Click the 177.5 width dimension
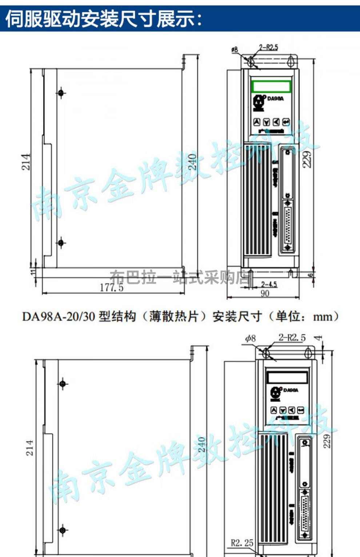point(112,287)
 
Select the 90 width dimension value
point(265,293)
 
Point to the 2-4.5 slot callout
point(269,284)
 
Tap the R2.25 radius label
point(242,543)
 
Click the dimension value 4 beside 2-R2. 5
point(319,338)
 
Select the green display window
point(271,86)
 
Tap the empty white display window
point(287,377)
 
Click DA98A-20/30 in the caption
point(59,316)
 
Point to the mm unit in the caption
point(323,317)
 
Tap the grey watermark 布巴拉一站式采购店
point(180,278)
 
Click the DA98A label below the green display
point(275,98)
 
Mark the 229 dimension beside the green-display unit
point(308,159)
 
